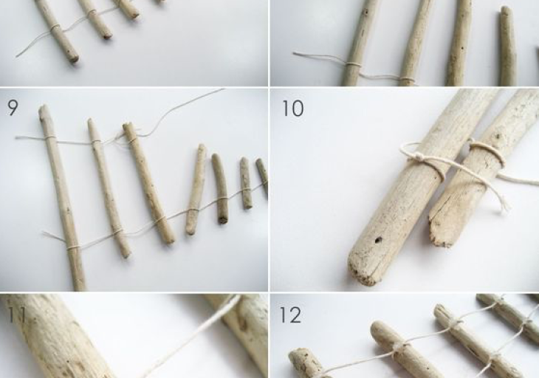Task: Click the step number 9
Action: (x=13, y=108)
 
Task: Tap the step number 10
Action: (x=293, y=109)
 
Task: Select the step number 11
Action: (x=16, y=315)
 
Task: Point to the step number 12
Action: (x=290, y=315)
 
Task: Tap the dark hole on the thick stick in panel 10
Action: (x=378, y=240)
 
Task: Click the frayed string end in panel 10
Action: (x=503, y=205)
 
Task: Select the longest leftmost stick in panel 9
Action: (x=62, y=198)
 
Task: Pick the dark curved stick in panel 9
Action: (x=220, y=188)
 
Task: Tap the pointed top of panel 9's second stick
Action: (x=91, y=121)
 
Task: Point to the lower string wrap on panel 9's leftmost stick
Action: (x=72, y=246)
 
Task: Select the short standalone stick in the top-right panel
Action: (x=508, y=47)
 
